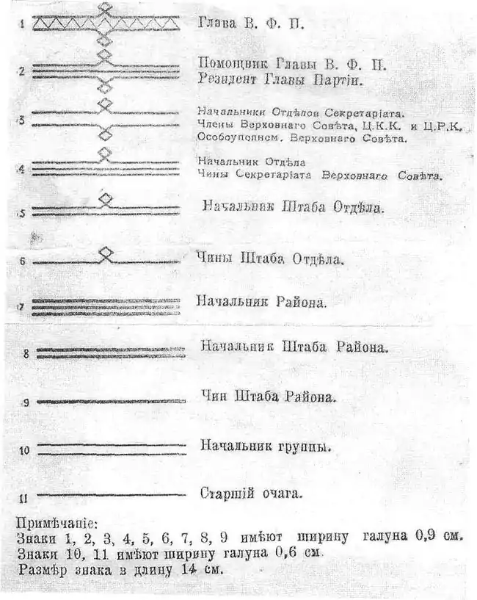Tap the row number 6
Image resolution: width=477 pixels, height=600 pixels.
(23, 261)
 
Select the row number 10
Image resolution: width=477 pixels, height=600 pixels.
(24, 450)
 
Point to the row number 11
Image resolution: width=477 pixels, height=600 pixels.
(24, 498)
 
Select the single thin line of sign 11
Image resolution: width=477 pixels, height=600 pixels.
(110, 495)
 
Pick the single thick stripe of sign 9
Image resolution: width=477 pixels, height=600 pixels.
(110, 401)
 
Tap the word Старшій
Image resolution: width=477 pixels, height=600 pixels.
(224, 494)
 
